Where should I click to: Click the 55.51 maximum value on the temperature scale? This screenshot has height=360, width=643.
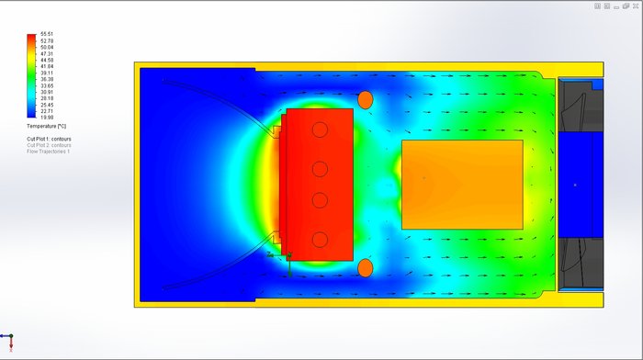point(47,34)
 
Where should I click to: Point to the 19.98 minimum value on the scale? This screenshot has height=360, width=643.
point(47,117)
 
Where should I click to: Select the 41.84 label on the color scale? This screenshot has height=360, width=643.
point(47,66)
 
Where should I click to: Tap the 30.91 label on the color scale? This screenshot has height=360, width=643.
point(47,92)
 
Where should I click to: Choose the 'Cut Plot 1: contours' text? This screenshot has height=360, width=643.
point(49,139)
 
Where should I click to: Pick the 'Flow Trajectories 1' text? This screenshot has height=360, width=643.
point(48,151)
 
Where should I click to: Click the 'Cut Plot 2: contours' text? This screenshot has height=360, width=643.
point(49,145)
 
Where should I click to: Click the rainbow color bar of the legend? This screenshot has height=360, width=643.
point(32,75)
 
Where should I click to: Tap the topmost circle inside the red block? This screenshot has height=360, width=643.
point(320,129)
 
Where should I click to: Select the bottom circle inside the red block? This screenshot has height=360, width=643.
point(320,240)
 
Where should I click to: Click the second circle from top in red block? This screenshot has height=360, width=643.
point(320,169)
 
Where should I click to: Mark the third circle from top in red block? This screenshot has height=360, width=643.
point(320,200)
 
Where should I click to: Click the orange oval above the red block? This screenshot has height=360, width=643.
point(365,99)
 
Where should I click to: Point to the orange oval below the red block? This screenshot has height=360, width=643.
point(365,268)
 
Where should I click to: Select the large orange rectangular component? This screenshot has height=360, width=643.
point(462,184)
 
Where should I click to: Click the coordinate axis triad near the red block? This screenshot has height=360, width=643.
point(288,261)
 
